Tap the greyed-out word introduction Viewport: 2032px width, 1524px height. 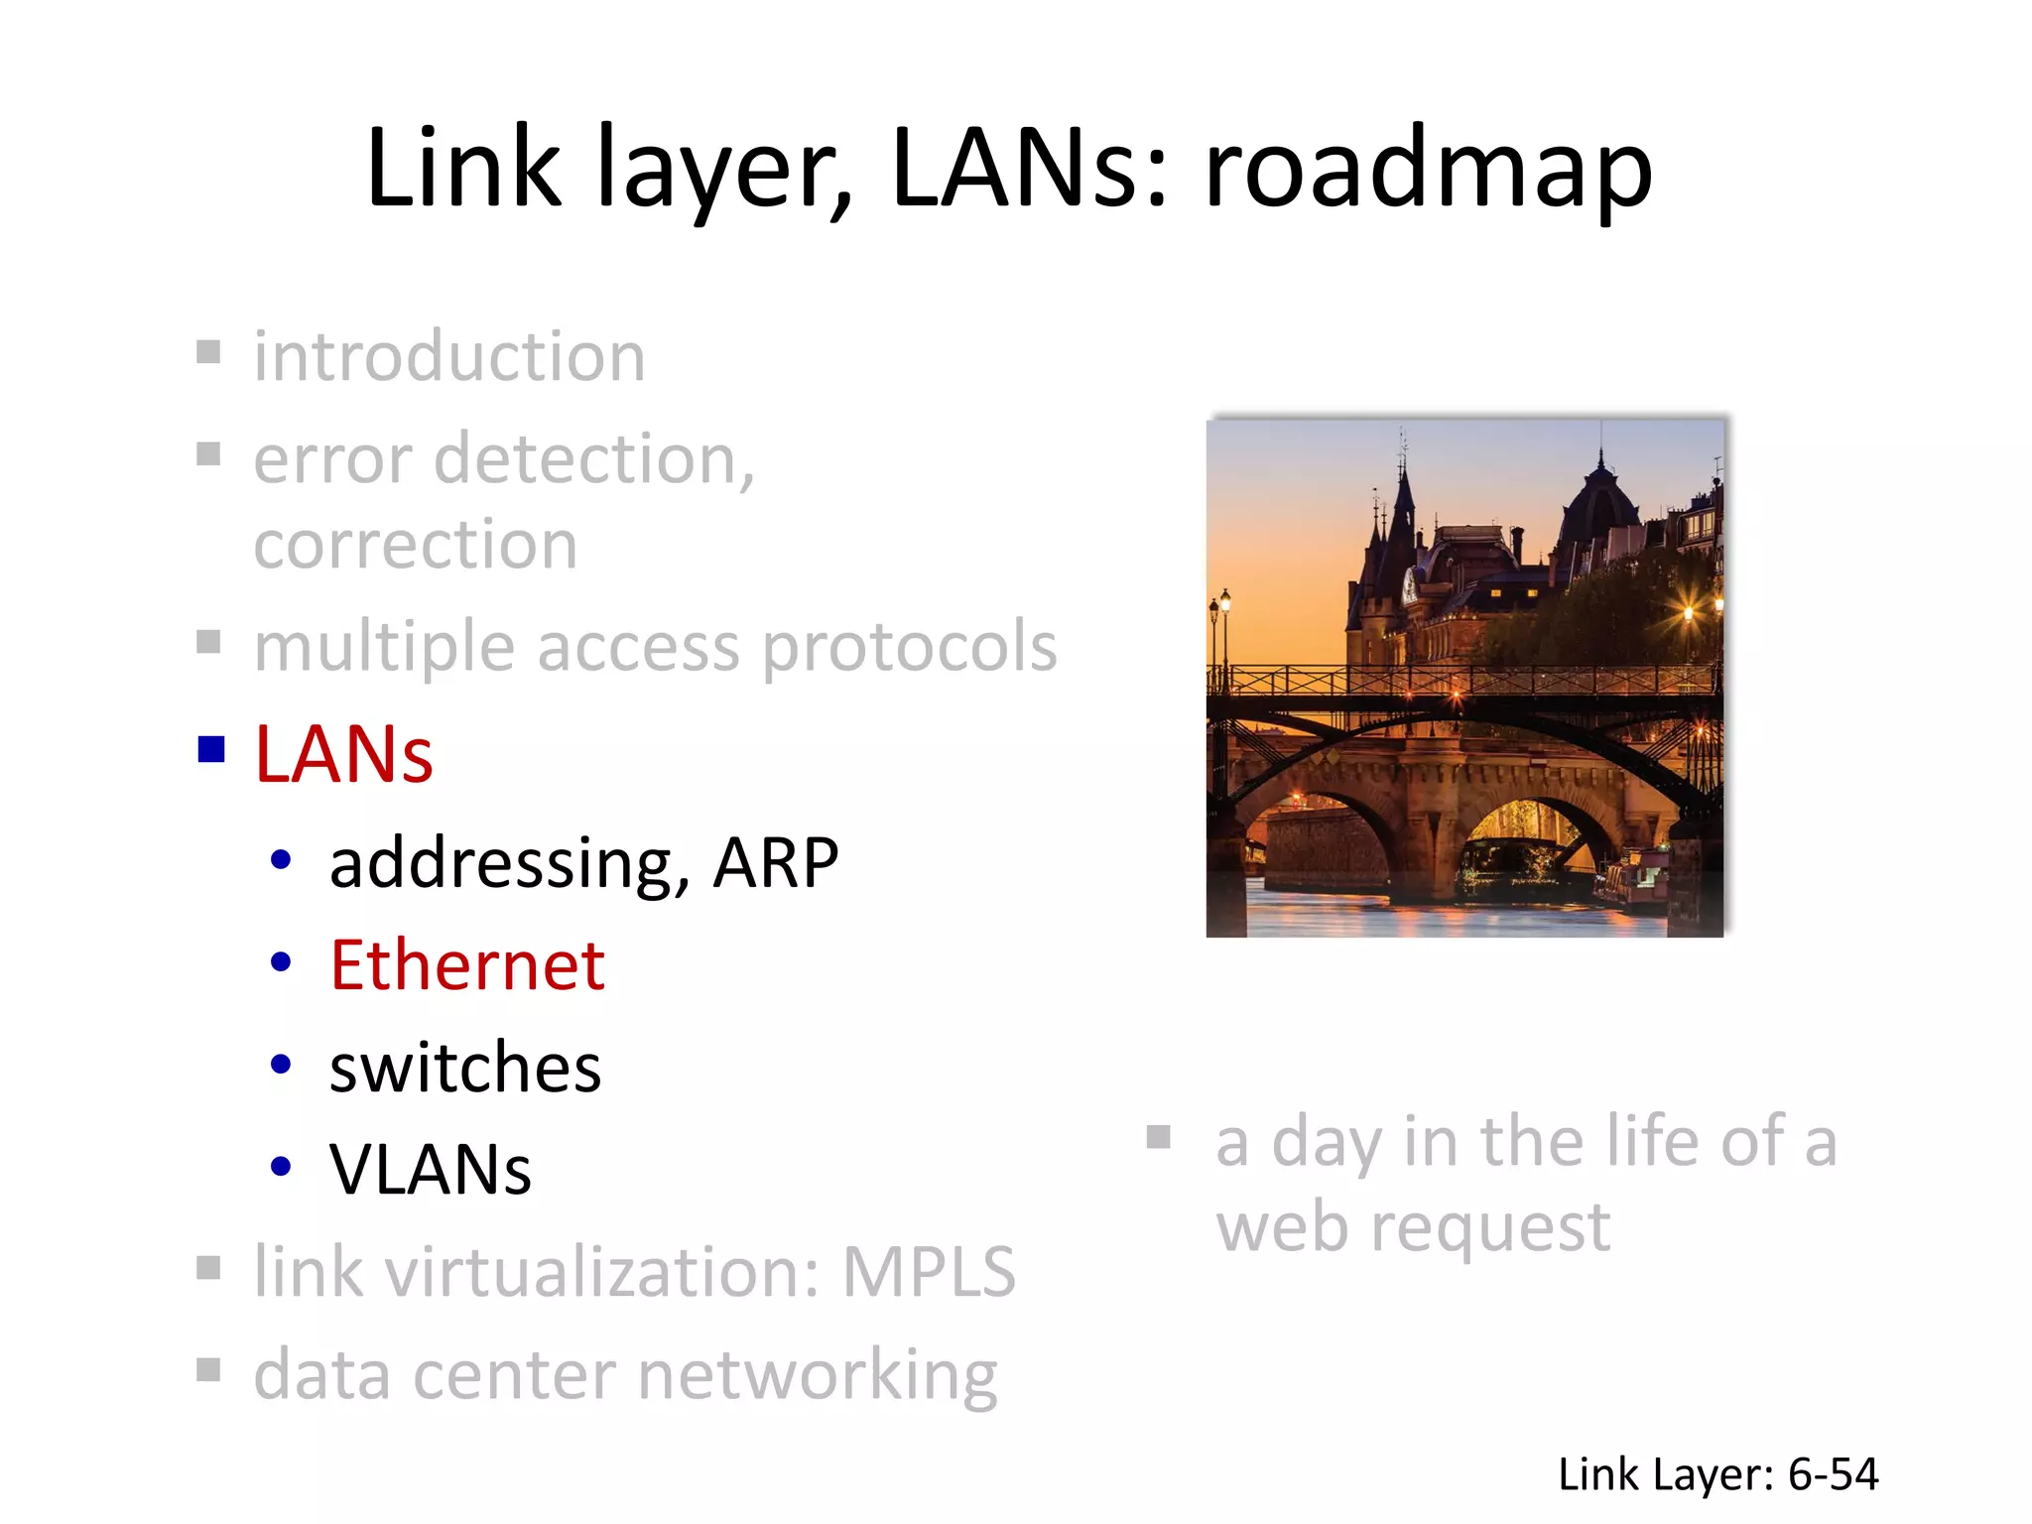[449, 356]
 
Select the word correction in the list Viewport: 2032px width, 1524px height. [415, 545]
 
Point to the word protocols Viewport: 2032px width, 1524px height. [909, 648]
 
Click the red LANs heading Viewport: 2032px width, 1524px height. [343, 755]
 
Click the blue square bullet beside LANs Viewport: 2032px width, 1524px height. [210, 749]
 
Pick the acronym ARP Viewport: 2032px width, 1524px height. [775, 862]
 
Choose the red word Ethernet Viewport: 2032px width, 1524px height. [466, 965]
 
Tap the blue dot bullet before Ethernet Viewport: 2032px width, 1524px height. [281, 961]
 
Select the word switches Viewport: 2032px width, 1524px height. [464, 1069]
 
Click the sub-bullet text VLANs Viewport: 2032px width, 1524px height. [431, 1170]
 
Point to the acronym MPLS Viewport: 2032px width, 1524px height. [929, 1272]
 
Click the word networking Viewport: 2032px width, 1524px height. [817, 1376]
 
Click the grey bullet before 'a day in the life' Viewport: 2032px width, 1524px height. [1158, 1136]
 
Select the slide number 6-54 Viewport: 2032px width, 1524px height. [1833, 1474]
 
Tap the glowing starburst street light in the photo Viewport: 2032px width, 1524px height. [1688, 612]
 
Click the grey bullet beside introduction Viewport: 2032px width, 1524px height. [208, 352]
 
